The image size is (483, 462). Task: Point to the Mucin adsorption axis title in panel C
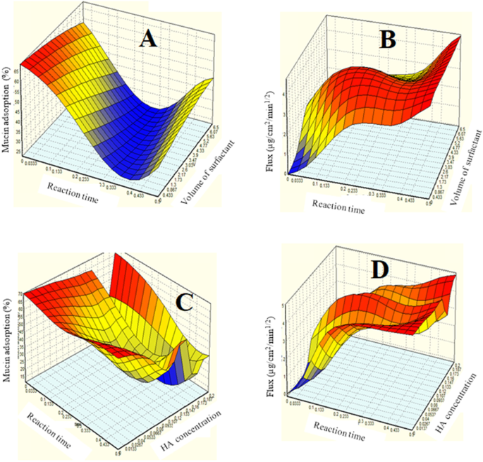pyautogui.click(x=8, y=337)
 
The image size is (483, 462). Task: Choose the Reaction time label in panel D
pyautogui.click(x=331, y=437)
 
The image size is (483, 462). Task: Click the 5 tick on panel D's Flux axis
pyautogui.click(x=283, y=305)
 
